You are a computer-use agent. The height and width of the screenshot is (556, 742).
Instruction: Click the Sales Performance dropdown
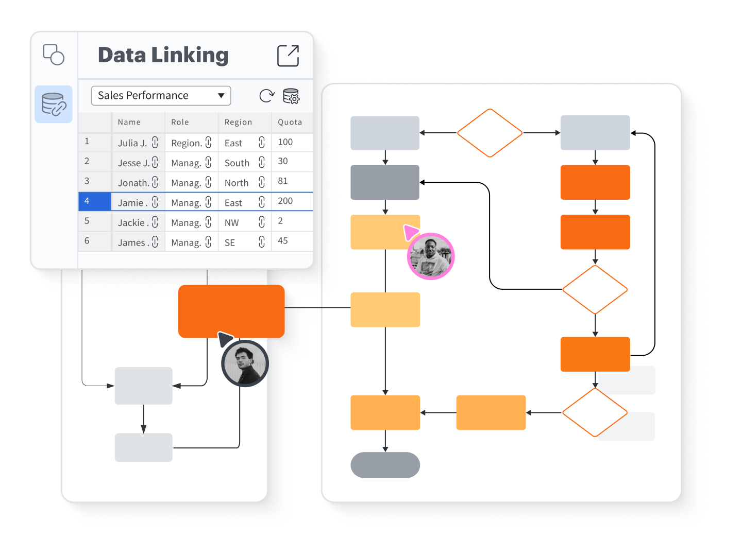pyautogui.click(x=161, y=96)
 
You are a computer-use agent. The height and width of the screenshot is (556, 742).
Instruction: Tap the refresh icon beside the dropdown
pyautogui.click(x=267, y=96)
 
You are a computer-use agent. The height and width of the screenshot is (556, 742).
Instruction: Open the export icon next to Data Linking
pyautogui.click(x=288, y=56)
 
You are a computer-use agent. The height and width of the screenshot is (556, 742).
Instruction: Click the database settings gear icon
pyautogui.click(x=291, y=96)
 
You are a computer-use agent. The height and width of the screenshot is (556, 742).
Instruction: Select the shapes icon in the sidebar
pyautogui.click(x=54, y=55)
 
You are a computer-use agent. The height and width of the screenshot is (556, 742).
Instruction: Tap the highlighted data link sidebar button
pyautogui.click(x=54, y=104)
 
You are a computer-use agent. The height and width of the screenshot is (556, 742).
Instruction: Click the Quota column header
pyautogui.click(x=290, y=123)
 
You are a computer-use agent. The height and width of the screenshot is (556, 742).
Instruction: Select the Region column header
pyautogui.click(x=239, y=123)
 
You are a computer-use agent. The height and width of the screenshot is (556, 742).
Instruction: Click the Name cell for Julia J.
pyautogui.click(x=132, y=143)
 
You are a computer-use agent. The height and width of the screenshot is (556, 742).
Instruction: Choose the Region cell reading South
pyautogui.click(x=237, y=163)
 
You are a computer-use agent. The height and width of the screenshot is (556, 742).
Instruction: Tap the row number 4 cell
pyautogui.click(x=95, y=201)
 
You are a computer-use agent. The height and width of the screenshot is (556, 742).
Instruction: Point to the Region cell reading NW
pyautogui.click(x=232, y=223)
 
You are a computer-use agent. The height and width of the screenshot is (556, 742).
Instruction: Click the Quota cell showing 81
pyautogui.click(x=283, y=181)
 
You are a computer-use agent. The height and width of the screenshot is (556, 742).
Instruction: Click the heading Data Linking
pyautogui.click(x=163, y=55)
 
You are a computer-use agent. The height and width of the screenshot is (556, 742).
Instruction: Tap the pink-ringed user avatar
pyautogui.click(x=431, y=256)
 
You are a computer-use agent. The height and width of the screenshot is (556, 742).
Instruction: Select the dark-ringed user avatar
pyautogui.click(x=245, y=363)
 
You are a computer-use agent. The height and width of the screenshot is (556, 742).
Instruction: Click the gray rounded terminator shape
pyautogui.click(x=385, y=465)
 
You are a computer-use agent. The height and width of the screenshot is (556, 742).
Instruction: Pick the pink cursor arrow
pyautogui.click(x=410, y=232)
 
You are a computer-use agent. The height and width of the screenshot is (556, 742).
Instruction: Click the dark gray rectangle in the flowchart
pyautogui.click(x=385, y=182)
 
